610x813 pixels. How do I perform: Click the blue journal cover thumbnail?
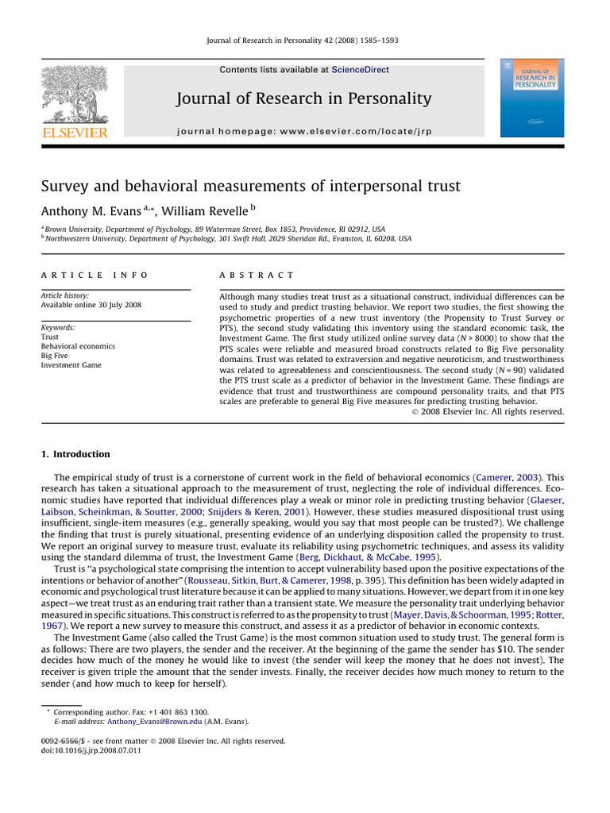click(x=531, y=97)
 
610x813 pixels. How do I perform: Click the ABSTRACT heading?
click(x=245, y=275)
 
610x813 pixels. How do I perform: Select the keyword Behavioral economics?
click(x=78, y=346)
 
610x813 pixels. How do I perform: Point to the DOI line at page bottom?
click(x=91, y=750)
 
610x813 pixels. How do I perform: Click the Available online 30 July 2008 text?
click(x=91, y=305)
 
